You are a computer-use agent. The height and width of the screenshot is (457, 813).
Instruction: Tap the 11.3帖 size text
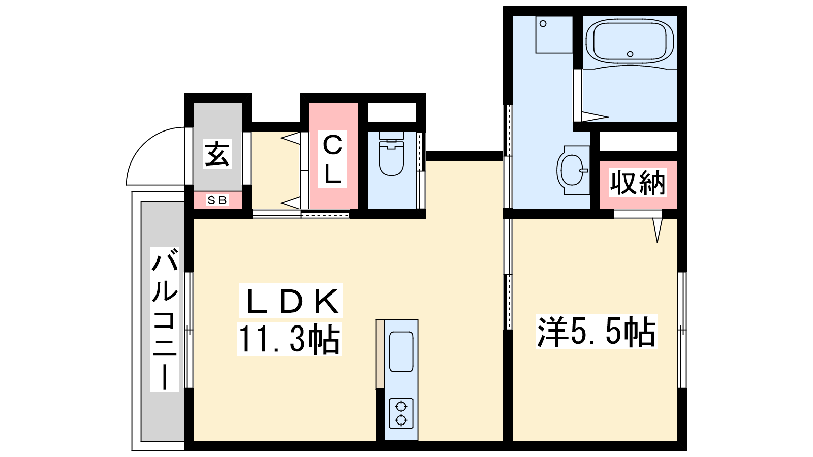[290, 339]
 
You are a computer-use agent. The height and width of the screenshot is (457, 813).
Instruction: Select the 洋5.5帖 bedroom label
[597, 332]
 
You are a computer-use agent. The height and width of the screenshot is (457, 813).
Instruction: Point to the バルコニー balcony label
[165, 319]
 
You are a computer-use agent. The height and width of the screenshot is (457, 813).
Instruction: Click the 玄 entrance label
[217, 154]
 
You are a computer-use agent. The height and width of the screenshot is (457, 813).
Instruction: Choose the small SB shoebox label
[217, 200]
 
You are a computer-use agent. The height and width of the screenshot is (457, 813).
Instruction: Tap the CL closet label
[332, 159]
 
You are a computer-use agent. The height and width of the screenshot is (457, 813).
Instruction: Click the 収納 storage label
[638, 182]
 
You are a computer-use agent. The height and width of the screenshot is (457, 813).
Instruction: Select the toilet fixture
[391, 154]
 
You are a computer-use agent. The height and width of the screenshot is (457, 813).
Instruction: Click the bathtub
[630, 41]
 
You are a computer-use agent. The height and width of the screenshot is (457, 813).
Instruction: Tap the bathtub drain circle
[630, 54]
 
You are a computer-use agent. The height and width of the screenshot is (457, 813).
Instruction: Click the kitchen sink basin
[401, 351]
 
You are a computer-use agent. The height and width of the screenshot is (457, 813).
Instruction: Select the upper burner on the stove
[401, 406]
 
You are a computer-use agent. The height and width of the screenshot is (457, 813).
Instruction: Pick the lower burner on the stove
[401, 420]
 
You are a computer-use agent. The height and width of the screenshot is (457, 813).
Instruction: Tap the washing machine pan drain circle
[543, 23]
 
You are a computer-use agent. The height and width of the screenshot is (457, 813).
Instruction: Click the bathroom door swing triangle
[595, 117]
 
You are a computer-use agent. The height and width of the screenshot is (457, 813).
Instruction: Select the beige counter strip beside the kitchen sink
[380, 353]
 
